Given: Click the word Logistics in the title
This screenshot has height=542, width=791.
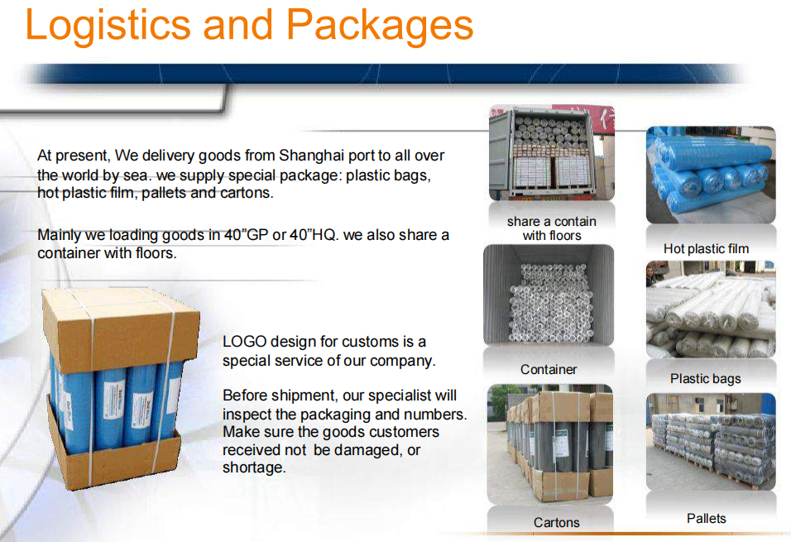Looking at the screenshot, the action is (108, 26).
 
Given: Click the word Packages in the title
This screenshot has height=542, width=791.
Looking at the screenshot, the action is (380, 26).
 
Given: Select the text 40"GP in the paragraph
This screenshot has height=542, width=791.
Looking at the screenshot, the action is (246, 235).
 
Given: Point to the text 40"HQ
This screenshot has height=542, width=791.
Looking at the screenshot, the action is (312, 235).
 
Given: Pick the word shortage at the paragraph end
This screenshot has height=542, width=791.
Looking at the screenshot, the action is (254, 468).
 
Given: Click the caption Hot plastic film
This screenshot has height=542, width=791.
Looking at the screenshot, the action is (707, 249).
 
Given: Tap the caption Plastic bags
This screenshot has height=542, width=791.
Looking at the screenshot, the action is (706, 378).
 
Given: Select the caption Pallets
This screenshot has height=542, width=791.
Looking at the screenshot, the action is (707, 518).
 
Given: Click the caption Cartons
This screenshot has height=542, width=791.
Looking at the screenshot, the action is (556, 522).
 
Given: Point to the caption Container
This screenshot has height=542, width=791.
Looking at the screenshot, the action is (549, 369).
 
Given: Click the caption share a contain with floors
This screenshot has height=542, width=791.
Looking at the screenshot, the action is (552, 228).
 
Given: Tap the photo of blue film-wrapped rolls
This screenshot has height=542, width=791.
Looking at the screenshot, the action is (711, 175).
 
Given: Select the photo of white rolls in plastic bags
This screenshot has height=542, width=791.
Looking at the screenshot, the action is (711, 309).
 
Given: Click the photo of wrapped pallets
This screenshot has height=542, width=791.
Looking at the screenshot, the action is (711, 442).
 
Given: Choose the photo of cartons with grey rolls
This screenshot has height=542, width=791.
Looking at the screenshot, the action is (550, 444).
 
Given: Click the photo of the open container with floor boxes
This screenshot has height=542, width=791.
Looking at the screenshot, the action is (552, 153).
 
